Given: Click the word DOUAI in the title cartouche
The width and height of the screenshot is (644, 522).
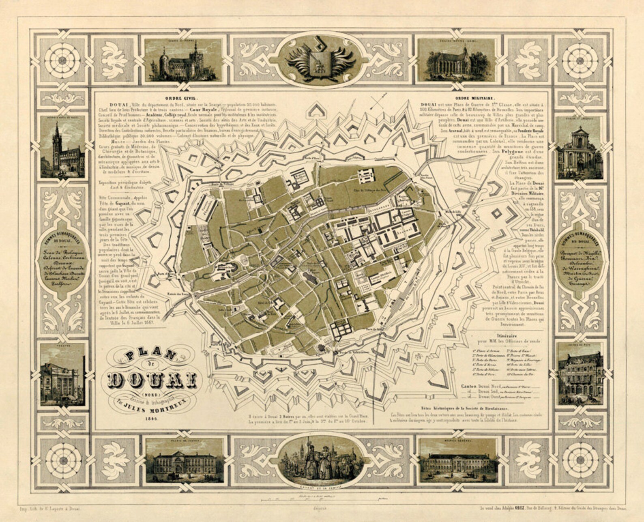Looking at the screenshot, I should click(152, 380).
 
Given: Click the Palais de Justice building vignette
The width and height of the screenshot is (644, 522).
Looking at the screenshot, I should click(185, 462).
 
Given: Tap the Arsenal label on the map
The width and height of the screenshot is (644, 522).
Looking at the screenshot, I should click(407, 230).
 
